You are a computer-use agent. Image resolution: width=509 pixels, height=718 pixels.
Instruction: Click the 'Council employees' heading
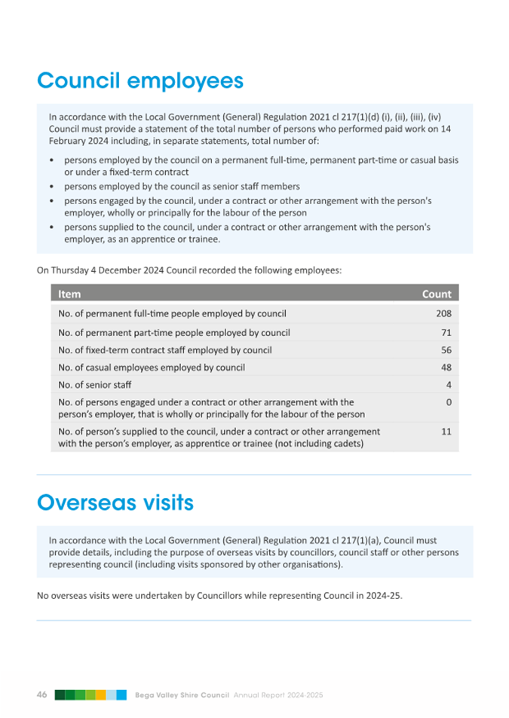tap(140, 81)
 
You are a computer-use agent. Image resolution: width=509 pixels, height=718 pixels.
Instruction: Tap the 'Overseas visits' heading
tap(115, 503)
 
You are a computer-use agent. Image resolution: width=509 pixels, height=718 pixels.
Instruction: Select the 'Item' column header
tap(69, 294)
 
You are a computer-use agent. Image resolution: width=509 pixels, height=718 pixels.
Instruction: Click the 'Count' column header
tap(437, 294)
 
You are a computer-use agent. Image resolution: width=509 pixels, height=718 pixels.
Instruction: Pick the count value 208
tap(443, 313)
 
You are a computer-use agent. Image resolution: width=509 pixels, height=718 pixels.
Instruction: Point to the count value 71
tap(446, 332)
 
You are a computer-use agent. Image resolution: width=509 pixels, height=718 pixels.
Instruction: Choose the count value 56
tap(446, 350)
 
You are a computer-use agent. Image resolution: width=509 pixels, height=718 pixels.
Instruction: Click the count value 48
tap(446, 368)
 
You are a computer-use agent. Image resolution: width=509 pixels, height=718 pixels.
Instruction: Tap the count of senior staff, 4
tap(449, 386)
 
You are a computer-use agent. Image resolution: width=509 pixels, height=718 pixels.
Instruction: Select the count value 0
tap(449, 403)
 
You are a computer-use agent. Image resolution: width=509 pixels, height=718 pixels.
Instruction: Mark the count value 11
tap(446, 432)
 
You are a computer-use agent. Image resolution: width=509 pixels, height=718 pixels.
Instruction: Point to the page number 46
tap(43, 695)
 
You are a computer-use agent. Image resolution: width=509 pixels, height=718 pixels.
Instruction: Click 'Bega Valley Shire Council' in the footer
tap(182, 695)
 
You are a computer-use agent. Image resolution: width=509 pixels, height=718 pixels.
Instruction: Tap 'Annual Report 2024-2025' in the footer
tap(278, 695)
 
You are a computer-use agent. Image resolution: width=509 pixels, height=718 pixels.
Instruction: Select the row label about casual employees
tap(151, 368)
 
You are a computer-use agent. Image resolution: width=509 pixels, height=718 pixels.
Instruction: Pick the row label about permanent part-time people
tap(173, 332)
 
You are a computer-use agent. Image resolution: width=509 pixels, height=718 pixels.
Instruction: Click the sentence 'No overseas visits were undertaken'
tap(219, 596)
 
